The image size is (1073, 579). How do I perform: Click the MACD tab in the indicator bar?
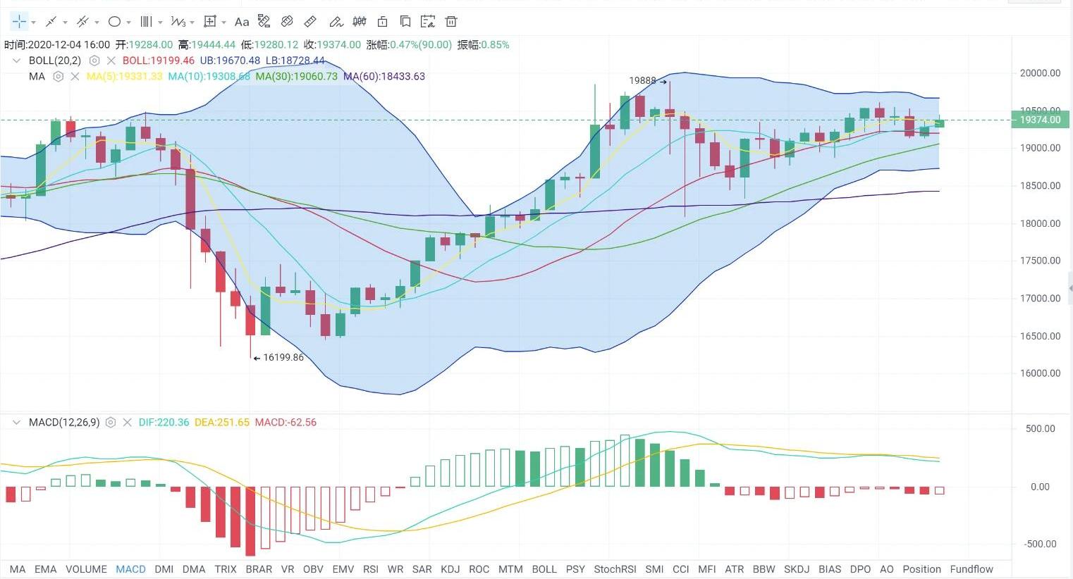pyautogui.click(x=130, y=569)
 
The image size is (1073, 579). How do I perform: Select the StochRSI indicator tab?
pyautogui.click(x=615, y=569)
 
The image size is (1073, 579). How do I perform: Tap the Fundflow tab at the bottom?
pyautogui.click(x=971, y=569)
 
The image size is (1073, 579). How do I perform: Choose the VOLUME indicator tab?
pyautogui.click(x=86, y=569)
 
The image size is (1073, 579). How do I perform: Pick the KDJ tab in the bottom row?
pyautogui.click(x=450, y=569)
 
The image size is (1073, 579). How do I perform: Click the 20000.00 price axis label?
pyautogui.click(x=1040, y=73)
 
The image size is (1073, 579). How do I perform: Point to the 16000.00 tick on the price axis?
pyautogui.click(x=1040, y=373)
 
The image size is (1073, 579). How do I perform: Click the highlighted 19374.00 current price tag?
pyautogui.click(x=1040, y=120)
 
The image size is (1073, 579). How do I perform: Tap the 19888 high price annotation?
pyautogui.click(x=642, y=81)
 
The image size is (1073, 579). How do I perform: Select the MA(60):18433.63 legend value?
pyautogui.click(x=384, y=76)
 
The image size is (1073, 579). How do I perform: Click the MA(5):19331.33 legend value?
pyautogui.click(x=124, y=76)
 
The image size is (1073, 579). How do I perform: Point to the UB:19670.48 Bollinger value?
pyautogui.click(x=230, y=61)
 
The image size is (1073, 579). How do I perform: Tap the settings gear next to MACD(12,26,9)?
pyautogui.click(x=110, y=423)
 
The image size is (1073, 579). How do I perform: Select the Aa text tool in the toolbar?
pyautogui.click(x=242, y=22)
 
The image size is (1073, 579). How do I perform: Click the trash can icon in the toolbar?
pyautogui.click(x=451, y=22)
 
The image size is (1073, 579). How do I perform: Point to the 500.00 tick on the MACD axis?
pyautogui.click(x=1040, y=428)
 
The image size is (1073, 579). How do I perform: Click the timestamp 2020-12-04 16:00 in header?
pyautogui.click(x=69, y=44)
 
